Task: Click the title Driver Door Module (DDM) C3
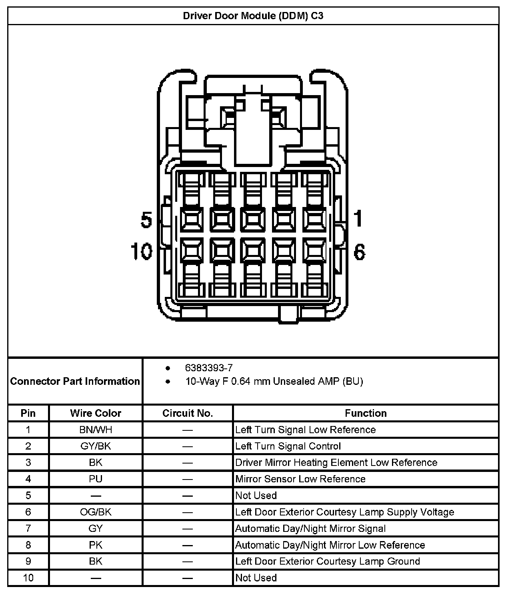(253, 16)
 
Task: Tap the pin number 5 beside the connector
(146, 219)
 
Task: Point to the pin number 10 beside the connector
(142, 252)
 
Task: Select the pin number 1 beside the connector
(358, 219)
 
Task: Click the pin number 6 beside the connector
(359, 252)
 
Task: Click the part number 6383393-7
(209, 368)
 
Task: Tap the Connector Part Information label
(75, 381)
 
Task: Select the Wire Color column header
(96, 413)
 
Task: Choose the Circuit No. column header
(188, 413)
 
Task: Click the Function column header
(366, 413)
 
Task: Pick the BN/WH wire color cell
(96, 430)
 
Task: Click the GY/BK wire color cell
(96, 446)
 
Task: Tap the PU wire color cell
(96, 479)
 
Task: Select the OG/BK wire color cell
(96, 512)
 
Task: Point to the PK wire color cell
(96, 545)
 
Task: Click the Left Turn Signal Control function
(288, 446)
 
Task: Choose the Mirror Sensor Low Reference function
(300, 479)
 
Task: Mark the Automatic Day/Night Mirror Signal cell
(310, 529)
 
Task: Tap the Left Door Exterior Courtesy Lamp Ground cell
(328, 561)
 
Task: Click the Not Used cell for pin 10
(256, 578)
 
